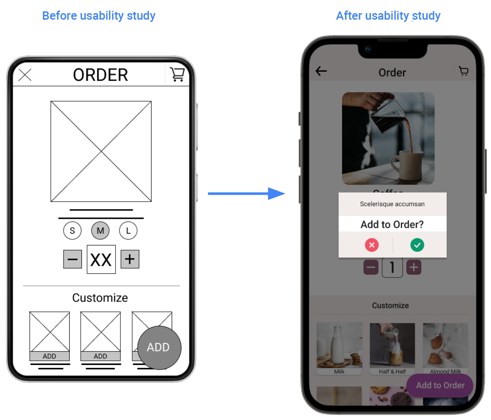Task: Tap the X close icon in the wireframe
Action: pos(25,75)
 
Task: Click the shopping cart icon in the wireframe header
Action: pos(177,74)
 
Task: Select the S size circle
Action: pos(72,231)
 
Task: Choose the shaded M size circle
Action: pos(100,231)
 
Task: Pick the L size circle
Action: pos(128,231)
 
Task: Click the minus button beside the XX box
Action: pos(73,259)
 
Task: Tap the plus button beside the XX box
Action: pos(130,259)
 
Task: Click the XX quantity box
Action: pos(101,259)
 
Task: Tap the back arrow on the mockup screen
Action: pos(321,71)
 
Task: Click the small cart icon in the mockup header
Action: pos(463,71)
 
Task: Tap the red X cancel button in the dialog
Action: pos(372,245)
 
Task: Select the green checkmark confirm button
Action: pos(417,245)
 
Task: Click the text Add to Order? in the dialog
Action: pos(392,224)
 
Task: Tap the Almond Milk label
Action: pos(445,372)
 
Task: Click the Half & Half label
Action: pos(392,372)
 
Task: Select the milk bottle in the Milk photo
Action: pos(336,346)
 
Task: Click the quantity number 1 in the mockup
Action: pos(392,268)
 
